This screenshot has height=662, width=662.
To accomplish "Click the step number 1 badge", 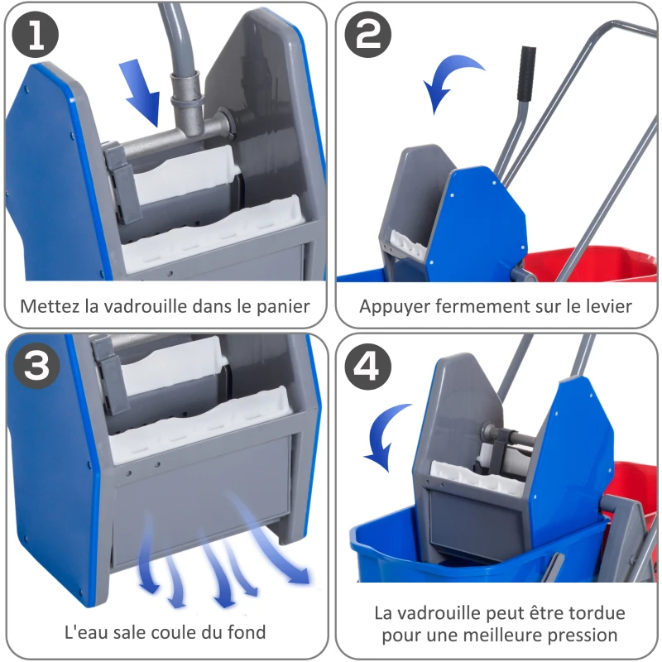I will coord(36,35).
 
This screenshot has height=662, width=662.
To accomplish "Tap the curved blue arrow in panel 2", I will coord(451,82).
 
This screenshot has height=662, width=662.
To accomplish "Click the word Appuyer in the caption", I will coord(391,306).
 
